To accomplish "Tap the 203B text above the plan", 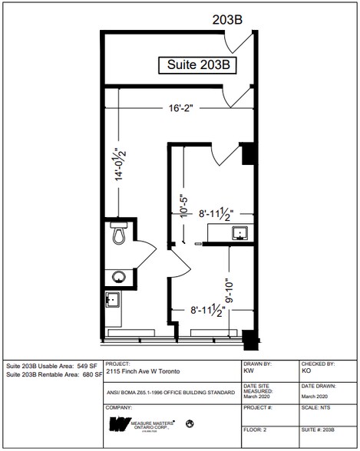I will coord(228,21).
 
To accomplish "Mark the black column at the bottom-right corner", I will coord(247,337).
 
